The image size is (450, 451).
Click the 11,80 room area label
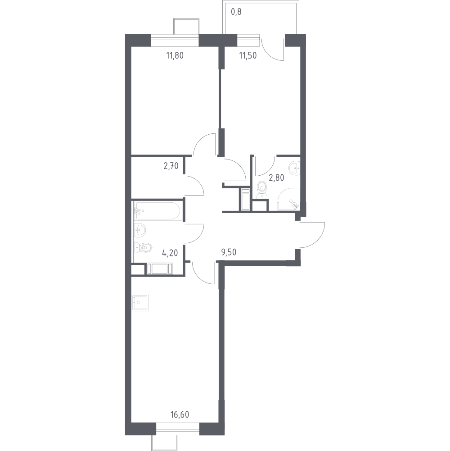pos(175,55)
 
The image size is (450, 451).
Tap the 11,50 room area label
pos(248,55)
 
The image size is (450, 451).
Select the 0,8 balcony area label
pos(236,12)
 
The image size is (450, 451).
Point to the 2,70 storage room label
pos(171,166)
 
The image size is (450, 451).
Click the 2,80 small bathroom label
pos(276,178)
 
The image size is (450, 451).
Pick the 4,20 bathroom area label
pos(170,253)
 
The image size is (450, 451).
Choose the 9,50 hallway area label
pos(229,252)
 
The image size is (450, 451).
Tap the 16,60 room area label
pos(180,415)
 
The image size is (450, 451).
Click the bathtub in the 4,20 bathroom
pos(158,211)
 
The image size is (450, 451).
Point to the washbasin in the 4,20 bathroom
pos(140,230)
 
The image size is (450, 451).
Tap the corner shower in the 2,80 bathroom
pos(288,199)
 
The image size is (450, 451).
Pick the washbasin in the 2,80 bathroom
pos(294,168)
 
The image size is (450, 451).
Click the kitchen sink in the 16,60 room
pos(140,303)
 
